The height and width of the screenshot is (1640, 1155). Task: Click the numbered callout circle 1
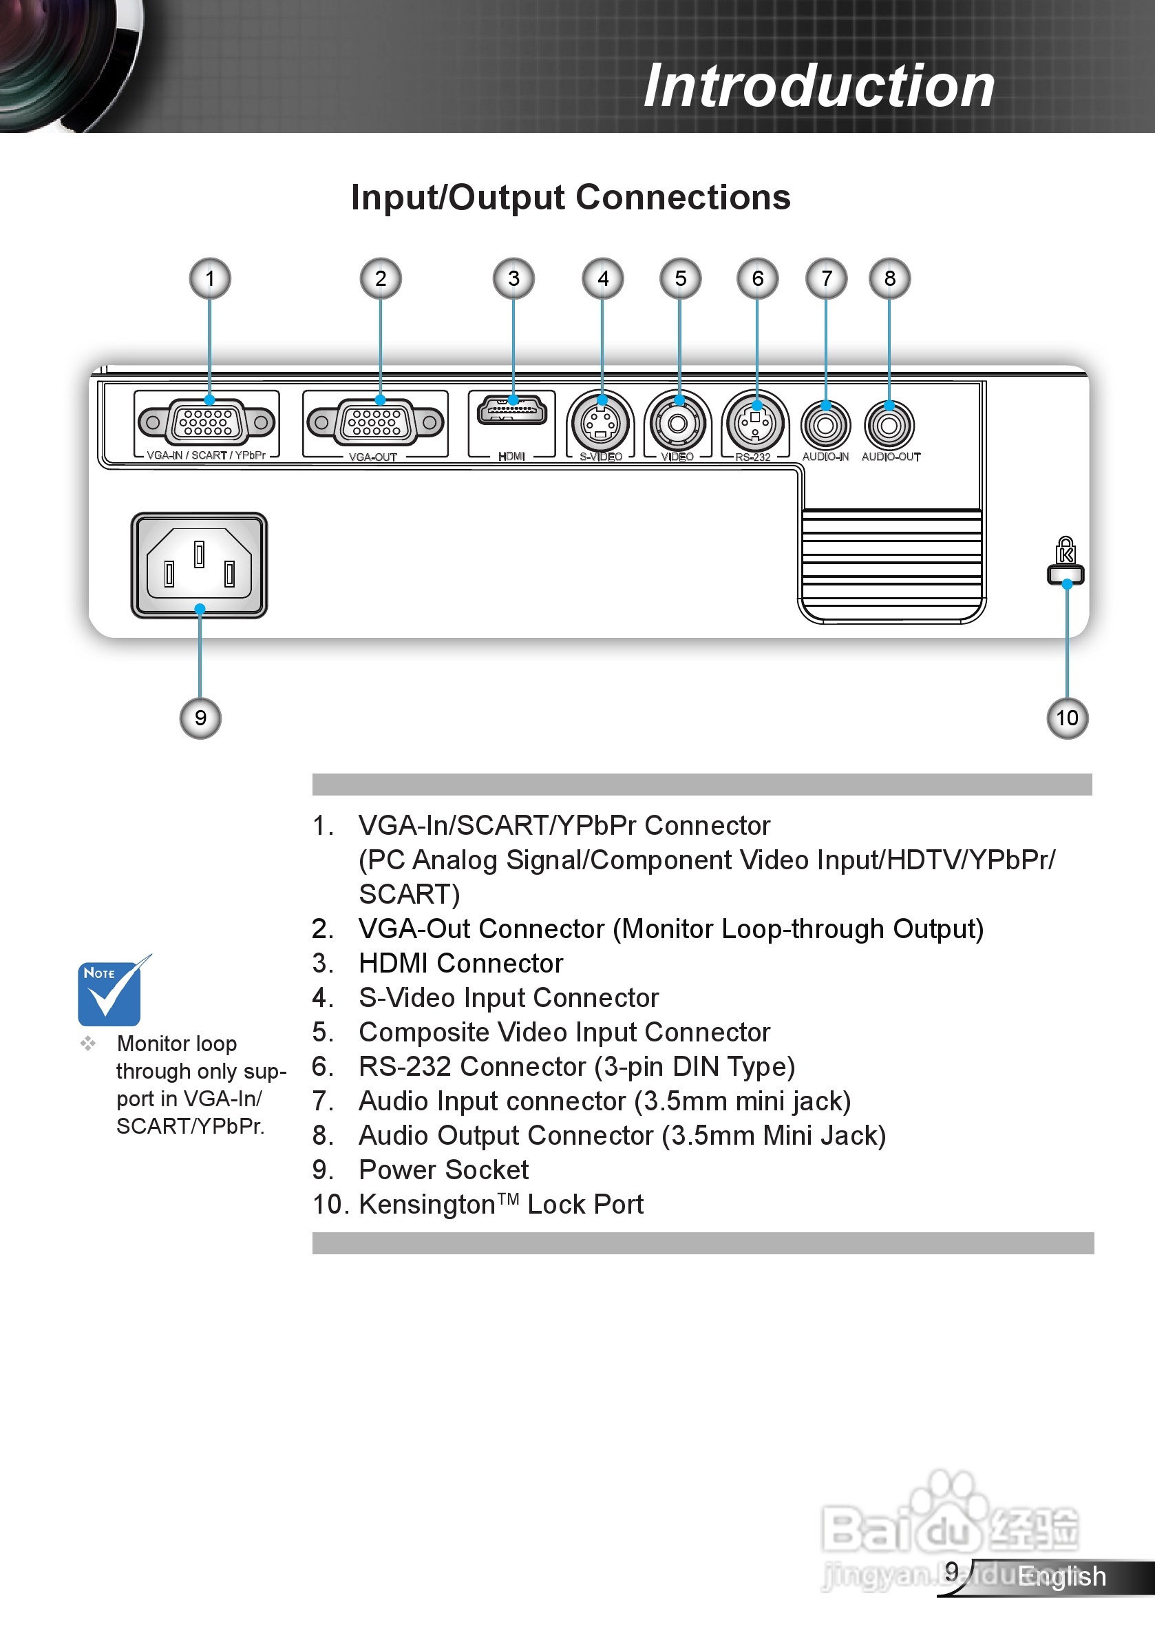210,278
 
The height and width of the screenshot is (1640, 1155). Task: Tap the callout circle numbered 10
1067,718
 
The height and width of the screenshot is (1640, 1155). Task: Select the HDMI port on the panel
512,411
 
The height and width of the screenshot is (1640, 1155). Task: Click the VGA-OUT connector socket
376,423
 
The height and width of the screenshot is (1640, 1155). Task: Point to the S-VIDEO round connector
600,424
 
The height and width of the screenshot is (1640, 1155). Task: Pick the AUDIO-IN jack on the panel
826,426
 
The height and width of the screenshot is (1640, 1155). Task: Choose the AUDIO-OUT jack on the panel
889,426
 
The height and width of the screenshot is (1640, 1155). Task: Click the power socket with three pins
199,565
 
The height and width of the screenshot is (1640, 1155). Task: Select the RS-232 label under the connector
752,457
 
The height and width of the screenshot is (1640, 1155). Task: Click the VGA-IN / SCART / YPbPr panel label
206,455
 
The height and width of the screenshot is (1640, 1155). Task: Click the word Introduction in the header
819,85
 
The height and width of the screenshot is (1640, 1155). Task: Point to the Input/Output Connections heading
571,197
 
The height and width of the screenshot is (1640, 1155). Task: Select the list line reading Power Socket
443,1170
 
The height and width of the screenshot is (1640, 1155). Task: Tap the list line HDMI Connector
460,964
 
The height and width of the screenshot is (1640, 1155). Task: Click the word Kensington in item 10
427,1205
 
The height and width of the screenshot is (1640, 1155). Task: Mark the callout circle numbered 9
200,718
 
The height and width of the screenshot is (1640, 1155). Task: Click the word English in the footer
1061,1576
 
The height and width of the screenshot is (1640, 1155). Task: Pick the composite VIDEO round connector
677,424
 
